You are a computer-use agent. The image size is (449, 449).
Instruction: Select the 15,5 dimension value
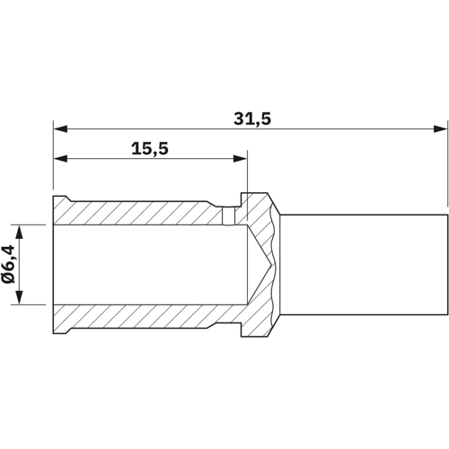click(x=150, y=147)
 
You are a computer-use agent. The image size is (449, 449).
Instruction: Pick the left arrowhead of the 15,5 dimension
click(x=59, y=160)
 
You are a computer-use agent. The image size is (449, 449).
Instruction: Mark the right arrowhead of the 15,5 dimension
click(x=241, y=160)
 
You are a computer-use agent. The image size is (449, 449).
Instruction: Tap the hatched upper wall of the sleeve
click(x=135, y=212)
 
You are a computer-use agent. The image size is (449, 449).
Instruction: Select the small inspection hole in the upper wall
click(x=229, y=216)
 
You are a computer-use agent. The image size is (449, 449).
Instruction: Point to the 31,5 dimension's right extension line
click(x=446, y=171)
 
